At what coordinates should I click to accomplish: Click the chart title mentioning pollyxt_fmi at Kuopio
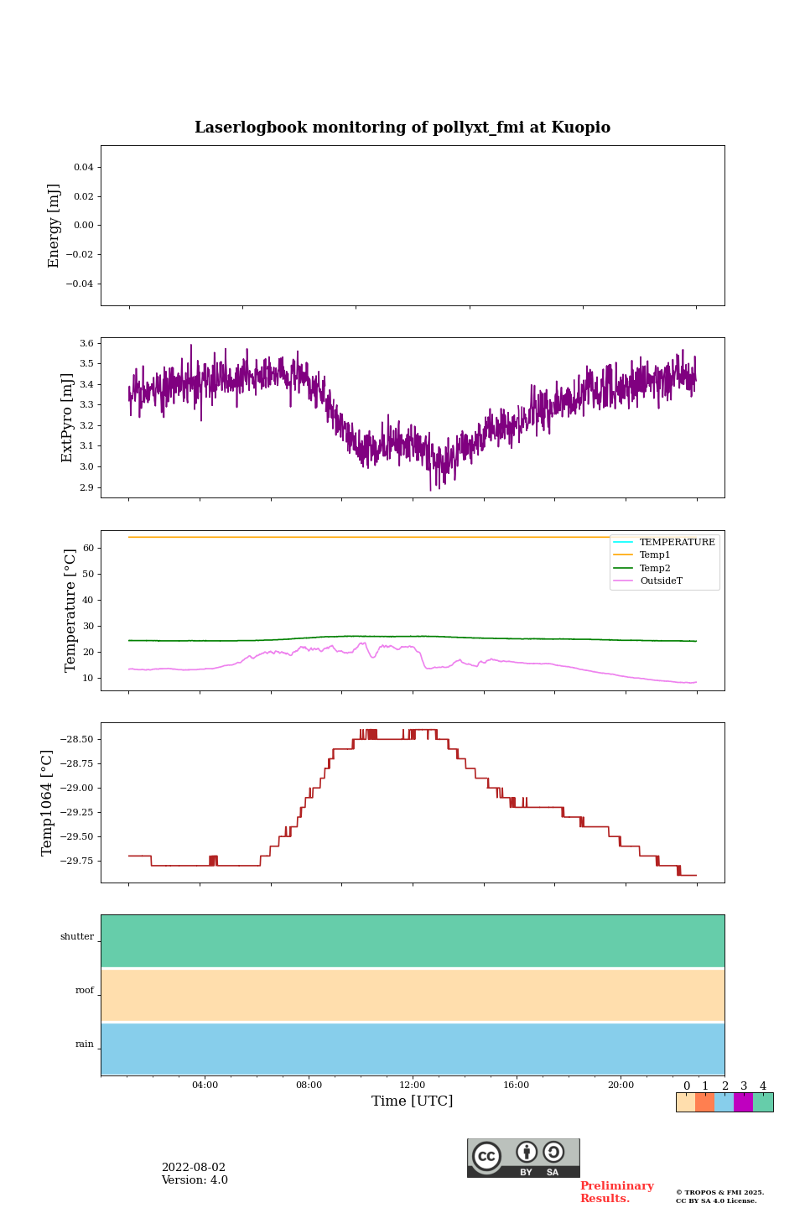402,128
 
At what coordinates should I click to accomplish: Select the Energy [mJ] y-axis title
54,226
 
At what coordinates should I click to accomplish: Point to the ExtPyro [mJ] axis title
67,418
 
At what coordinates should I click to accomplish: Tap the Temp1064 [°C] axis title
47,803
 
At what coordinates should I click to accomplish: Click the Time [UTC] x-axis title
412,1101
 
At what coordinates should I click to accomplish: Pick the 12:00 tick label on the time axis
412,1085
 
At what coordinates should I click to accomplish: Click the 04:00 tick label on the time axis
205,1085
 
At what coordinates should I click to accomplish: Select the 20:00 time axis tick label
621,1085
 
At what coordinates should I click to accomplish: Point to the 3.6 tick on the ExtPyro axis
86,343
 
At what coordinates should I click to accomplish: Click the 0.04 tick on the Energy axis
83,167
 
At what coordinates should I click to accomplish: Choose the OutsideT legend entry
661,581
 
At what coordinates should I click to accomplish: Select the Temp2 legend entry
655,568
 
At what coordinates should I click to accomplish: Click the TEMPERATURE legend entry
677,542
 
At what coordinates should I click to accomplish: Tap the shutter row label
77,936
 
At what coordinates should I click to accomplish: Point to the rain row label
85,1044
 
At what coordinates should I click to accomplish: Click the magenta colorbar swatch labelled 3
743,1102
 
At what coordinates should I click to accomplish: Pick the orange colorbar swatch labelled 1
704,1102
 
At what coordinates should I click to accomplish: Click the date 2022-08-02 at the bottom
194,1168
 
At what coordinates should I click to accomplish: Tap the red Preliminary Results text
616,1192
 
